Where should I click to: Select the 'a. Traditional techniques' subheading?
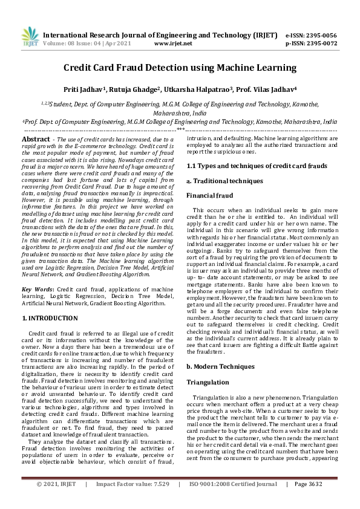(x=224, y=181)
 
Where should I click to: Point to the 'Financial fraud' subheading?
(x=209, y=196)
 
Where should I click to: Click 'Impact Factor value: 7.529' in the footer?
(x=133, y=501)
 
